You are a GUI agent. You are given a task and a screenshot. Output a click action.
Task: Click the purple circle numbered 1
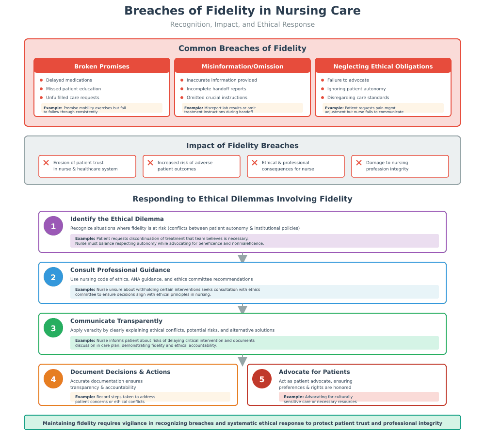53,226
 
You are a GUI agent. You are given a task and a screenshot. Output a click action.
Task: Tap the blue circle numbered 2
53,277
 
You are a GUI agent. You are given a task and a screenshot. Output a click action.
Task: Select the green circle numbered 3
53,328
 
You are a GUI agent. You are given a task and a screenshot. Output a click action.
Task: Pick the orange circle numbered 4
53,379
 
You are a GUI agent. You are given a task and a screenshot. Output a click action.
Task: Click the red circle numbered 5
262,379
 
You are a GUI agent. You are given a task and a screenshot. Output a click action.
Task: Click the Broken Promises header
102,66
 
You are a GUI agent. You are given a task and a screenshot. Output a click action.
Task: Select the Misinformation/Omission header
242,66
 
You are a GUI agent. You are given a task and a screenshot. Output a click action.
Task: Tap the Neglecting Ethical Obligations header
383,66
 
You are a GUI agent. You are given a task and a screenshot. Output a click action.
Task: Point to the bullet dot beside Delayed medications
41,80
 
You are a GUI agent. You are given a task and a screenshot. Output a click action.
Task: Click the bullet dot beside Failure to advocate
323,80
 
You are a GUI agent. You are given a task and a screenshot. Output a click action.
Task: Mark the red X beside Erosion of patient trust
46,163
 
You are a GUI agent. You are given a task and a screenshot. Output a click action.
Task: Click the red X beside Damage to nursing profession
359,163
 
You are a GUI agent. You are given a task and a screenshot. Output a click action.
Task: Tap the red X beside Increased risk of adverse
150,163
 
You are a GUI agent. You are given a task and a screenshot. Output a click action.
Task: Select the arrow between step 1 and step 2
242,258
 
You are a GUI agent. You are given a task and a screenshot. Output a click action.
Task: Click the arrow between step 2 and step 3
242,309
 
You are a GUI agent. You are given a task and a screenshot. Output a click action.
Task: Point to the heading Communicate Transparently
116,321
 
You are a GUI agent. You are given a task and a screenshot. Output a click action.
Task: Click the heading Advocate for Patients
314,371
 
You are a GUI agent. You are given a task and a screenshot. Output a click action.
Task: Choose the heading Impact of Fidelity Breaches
242,146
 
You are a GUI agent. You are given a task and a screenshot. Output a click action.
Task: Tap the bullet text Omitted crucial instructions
217,98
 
